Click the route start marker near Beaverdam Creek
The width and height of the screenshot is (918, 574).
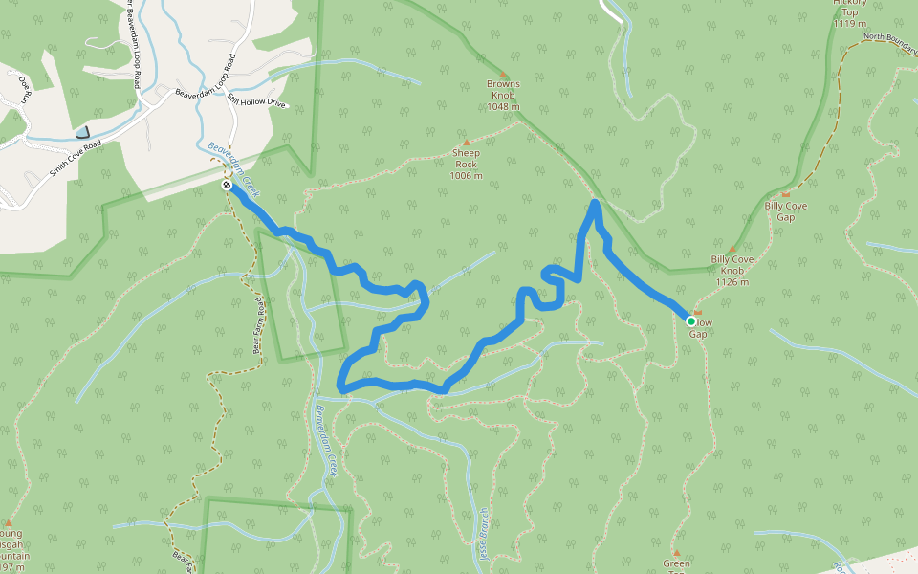click(x=227, y=185)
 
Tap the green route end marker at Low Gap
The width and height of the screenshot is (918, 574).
click(x=691, y=321)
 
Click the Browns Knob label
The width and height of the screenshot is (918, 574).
click(x=503, y=95)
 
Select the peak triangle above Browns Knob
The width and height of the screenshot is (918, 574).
click(x=503, y=74)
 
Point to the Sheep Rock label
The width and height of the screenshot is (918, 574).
click(x=466, y=164)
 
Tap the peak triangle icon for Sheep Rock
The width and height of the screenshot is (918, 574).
click(x=466, y=142)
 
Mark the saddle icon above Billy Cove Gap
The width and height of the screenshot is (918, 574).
click(x=786, y=195)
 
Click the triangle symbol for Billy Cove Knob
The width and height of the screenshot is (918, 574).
click(x=732, y=249)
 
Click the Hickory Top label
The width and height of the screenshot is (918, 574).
click(x=849, y=12)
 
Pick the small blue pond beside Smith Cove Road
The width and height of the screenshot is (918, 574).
click(x=83, y=132)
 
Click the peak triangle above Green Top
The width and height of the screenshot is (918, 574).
click(x=676, y=553)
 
